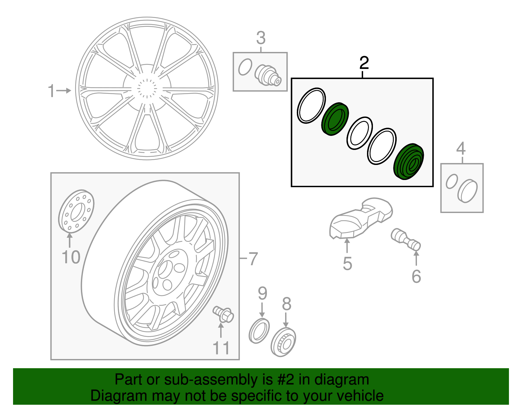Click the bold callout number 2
point(364,63)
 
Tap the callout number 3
point(261,38)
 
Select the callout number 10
point(71,257)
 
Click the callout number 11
point(221,348)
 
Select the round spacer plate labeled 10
point(76,211)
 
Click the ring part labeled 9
point(259,331)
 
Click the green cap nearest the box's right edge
point(409,161)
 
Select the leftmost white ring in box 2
point(311,106)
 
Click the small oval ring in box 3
point(245,67)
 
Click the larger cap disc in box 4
point(468,191)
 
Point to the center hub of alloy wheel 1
point(147,89)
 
